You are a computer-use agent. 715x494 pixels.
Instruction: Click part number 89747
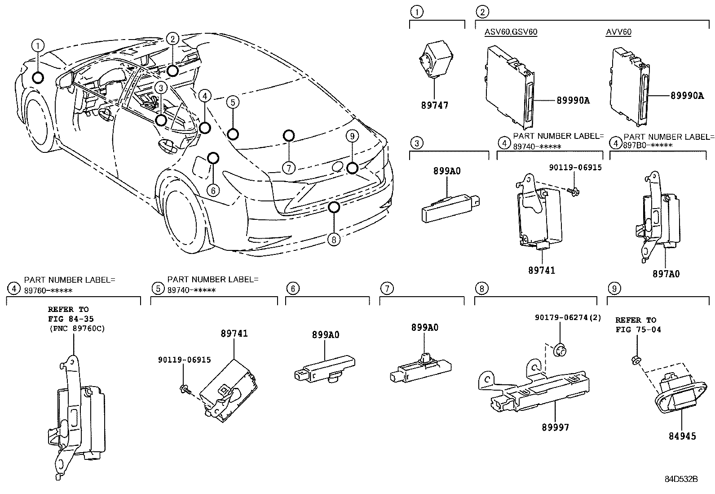pos(434,106)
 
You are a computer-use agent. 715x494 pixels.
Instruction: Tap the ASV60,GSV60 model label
pos(511,32)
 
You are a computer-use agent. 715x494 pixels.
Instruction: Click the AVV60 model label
pos(618,32)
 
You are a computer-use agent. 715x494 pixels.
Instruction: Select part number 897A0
pos(666,274)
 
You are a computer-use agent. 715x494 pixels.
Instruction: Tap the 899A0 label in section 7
pos(424,328)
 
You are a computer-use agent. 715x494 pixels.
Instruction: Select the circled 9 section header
pos(613,288)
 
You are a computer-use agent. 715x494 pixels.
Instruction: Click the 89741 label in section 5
pos(234,334)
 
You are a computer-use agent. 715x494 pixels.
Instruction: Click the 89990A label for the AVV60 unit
pos(687,95)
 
